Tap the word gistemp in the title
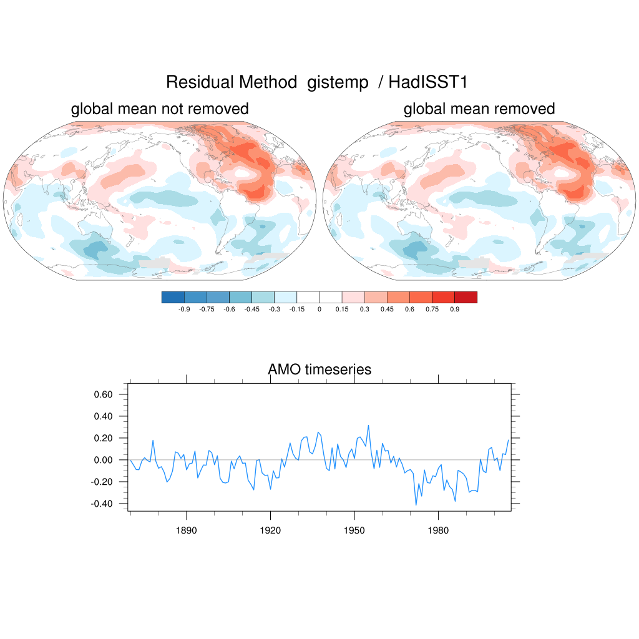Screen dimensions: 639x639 pos(338,83)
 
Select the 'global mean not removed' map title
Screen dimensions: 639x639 pos(160,109)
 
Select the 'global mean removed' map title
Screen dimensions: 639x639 pos(479,109)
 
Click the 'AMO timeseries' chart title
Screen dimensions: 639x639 pos(319,369)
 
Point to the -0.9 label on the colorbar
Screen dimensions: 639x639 pos(184,310)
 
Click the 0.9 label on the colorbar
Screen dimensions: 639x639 pos(454,310)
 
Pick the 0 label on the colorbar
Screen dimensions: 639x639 pos(319,310)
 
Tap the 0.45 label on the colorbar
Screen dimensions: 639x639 pos(387,310)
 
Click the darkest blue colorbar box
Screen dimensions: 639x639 pos(173,298)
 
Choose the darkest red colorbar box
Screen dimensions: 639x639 pos(466,298)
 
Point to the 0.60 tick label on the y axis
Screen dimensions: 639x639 pos(103,394)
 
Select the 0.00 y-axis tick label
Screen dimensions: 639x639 pos(103,460)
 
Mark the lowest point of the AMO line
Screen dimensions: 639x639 pos(416,505)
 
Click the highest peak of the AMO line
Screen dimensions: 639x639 pos(369,426)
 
